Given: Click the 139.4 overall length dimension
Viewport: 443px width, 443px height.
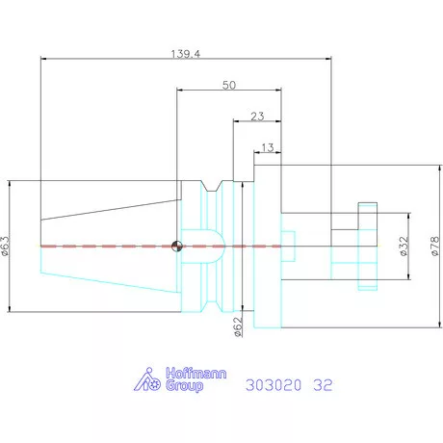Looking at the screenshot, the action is pyautogui.click(x=186, y=54).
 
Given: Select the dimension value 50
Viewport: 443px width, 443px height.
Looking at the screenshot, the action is pyautogui.click(x=229, y=85).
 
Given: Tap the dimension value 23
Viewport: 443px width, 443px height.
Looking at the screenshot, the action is pyautogui.click(x=257, y=116).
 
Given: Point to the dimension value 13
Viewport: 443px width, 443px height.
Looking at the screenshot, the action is pyautogui.click(x=268, y=147).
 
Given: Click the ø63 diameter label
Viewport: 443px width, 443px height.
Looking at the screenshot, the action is pyautogui.click(x=6, y=246).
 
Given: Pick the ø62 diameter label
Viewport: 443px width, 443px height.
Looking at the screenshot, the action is pyautogui.click(x=238, y=326).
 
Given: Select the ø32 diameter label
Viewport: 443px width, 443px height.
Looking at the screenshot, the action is pyautogui.click(x=404, y=246).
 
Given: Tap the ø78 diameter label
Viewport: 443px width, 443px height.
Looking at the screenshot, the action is pyautogui.click(x=434, y=246).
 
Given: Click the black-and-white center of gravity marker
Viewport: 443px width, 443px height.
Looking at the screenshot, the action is pyautogui.click(x=177, y=247).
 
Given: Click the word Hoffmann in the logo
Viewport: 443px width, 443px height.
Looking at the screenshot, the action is pyautogui.click(x=196, y=374).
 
